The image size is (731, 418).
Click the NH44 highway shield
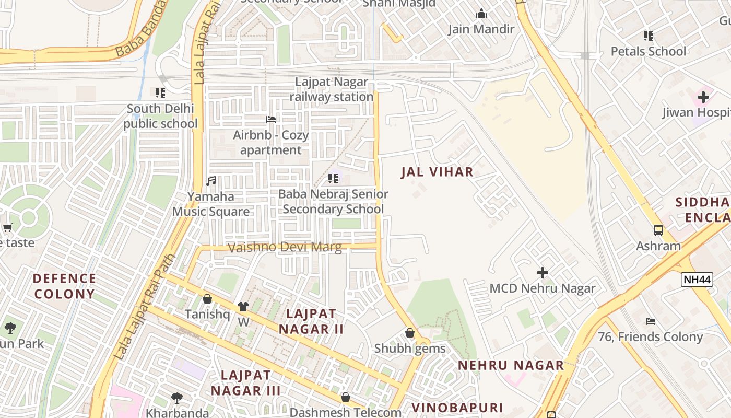[697, 280]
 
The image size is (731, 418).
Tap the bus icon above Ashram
[658, 230]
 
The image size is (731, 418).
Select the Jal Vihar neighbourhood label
[437, 172]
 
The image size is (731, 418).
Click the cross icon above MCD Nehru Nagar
[543, 273]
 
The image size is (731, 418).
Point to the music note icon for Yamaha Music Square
[211, 181]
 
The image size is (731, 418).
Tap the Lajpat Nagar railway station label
[332, 89]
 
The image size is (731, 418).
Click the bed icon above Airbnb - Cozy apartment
[271, 120]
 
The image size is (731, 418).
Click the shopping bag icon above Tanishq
[207, 299]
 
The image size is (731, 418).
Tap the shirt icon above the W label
[243, 307]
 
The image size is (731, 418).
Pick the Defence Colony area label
[65, 286]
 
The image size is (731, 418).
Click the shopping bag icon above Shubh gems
[410, 333]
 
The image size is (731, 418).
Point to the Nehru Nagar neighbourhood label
[511, 365]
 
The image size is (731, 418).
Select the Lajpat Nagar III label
[246, 382]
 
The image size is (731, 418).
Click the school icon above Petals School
[649, 36]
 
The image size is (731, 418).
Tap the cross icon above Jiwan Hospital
[703, 97]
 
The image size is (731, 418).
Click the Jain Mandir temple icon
[481, 14]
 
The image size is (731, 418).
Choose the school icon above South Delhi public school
[160, 93]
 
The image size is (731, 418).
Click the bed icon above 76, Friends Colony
[651, 321]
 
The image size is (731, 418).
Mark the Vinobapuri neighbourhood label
[457, 408]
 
